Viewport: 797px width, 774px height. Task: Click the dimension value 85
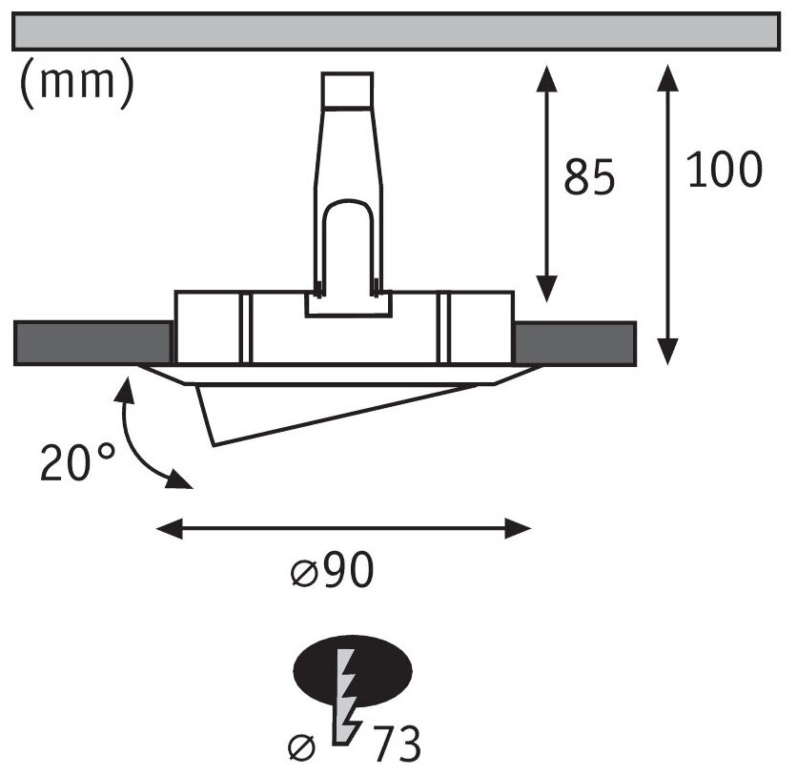pos(589,177)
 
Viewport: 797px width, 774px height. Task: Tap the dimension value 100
pos(725,171)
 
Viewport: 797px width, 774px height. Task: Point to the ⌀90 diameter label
pos(331,571)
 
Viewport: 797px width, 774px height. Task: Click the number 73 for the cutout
pos(391,742)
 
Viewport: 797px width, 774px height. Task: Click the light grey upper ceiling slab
pos(398,31)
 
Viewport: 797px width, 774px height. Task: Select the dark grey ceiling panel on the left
pos(92,343)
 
